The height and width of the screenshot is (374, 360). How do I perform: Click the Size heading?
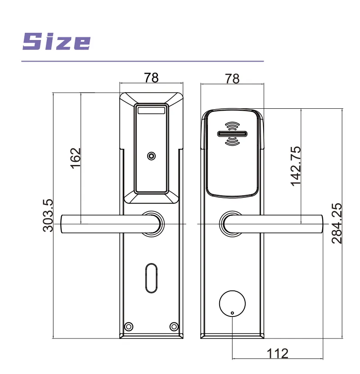pos(56,41)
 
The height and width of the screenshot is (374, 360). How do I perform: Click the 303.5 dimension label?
pos(48,216)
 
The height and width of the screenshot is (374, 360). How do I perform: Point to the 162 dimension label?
pos(75,158)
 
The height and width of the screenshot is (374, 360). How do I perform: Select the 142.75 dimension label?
pos(295,166)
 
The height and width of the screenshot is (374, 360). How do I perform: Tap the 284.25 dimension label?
pos(337,223)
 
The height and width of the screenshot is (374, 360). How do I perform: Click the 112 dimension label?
pos(278,353)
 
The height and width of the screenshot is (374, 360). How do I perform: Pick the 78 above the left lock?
pos(151,77)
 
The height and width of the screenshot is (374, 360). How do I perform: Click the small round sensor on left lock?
pos(151,156)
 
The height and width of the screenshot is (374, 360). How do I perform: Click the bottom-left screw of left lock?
pos(129,326)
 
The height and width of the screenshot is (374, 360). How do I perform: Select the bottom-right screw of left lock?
pos(174,326)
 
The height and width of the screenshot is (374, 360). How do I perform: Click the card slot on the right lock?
pos(232,134)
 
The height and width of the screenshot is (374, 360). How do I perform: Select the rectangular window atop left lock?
pos(151,110)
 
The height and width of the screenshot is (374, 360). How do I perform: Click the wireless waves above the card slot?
pos(232,126)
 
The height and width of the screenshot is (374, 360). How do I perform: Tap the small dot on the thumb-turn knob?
pos(232,313)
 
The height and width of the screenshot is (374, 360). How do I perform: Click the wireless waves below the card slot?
pos(232,141)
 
